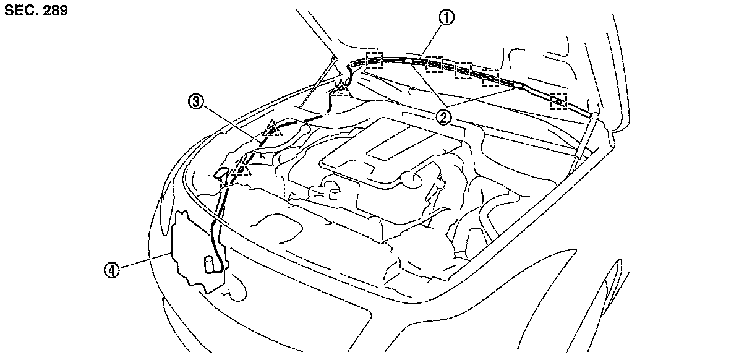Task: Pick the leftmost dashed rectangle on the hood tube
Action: (375, 60)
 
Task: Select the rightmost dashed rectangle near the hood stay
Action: (558, 101)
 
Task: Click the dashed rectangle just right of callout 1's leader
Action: (433, 64)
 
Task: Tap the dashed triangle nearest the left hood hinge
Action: (340, 90)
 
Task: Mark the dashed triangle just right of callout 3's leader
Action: (271, 131)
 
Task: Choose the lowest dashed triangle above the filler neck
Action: (242, 167)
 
